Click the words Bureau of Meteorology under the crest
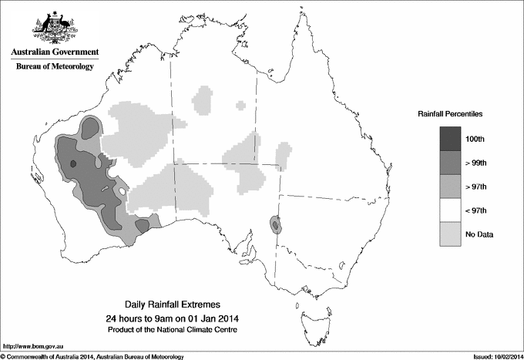point(55,66)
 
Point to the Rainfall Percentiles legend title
point(450,114)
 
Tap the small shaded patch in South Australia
point(275,224)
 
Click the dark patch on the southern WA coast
point(143,224)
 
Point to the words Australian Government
point(55,52)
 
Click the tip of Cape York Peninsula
point(303,16)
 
